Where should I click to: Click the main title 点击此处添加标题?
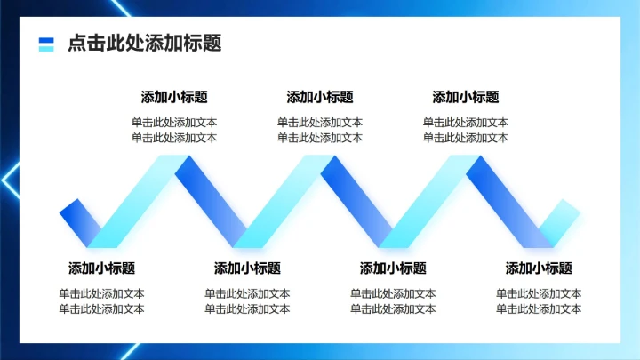point(144,44)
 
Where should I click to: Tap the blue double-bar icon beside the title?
point(46,44)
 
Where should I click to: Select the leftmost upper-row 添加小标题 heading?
point(174,98)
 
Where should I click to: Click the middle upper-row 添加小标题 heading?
point(320,98)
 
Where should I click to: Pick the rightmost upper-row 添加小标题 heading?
point(466,98)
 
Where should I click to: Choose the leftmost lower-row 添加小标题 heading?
point(101,268)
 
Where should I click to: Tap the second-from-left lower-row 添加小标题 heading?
point(247,268)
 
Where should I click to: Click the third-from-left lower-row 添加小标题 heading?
point(393,268)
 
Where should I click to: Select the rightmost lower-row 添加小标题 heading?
point(539,268)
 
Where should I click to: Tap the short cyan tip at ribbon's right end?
point(560,221)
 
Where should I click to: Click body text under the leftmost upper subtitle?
point(174,130)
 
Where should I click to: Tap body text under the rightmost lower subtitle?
point(539,301)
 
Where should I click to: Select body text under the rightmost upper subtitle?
point(466,130)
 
